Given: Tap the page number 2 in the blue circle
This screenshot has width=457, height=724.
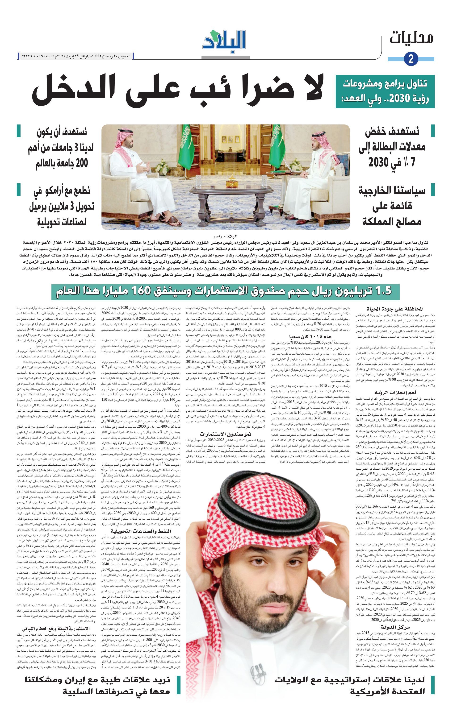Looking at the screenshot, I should tap(411, 58).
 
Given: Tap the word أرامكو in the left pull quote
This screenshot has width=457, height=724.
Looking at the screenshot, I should tap(59, 191).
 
